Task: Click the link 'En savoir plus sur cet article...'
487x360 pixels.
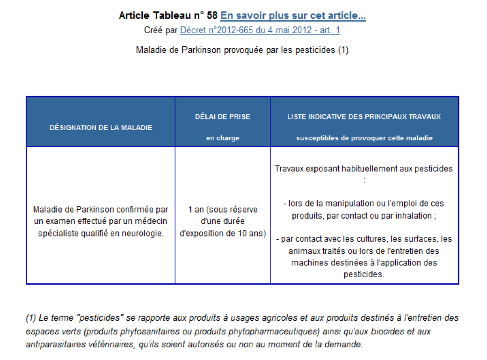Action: click(293, 15)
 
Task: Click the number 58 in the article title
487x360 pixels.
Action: click(212, 15)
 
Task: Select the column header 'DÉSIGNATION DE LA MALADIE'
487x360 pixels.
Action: click(101, 127)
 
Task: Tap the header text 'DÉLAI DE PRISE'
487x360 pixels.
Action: click(223, 117)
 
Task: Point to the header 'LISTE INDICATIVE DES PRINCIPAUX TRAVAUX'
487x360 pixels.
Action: click(364, 117)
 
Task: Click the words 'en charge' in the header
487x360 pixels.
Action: click(223, 138)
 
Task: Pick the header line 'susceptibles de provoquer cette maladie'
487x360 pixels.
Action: click(364, 138)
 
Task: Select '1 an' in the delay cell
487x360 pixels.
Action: click(196, 209)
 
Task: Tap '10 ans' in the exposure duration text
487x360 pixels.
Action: click(254, 234)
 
